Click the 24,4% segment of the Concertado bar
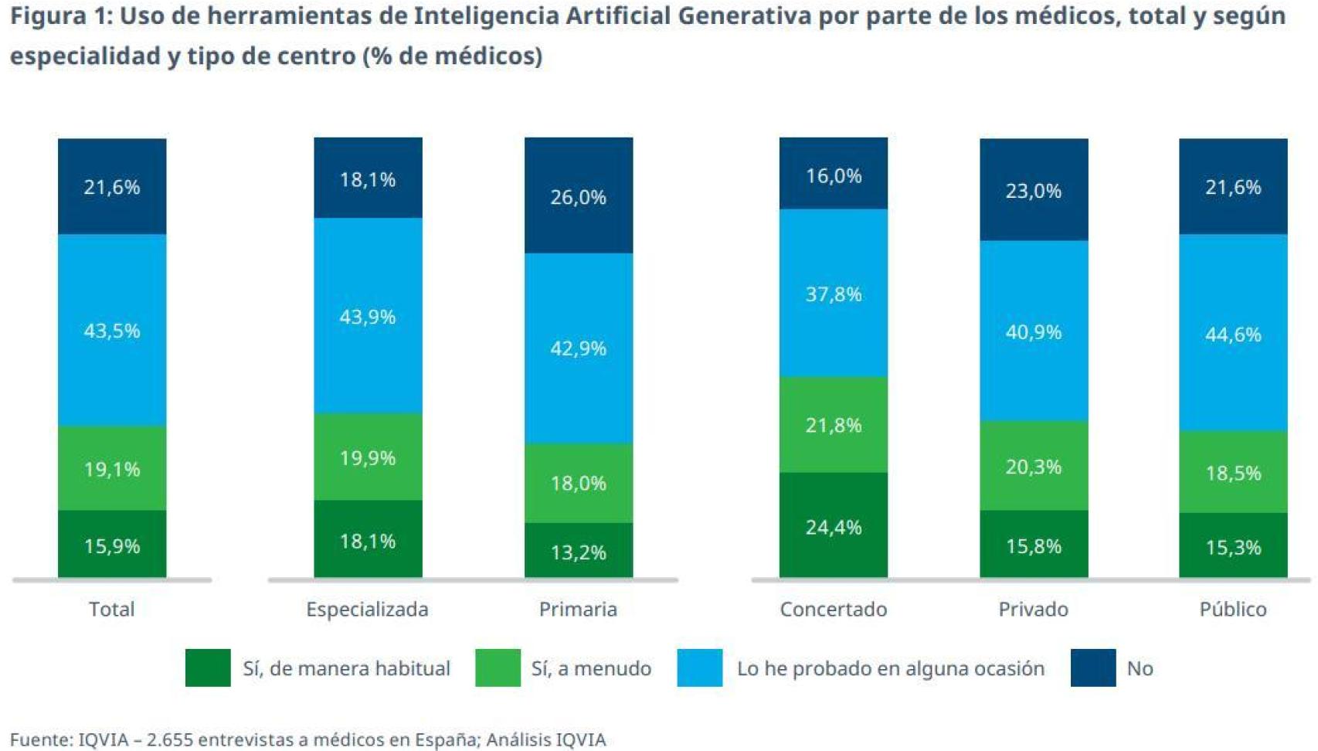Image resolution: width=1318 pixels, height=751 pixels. pyautogui.click(x=833, y=525)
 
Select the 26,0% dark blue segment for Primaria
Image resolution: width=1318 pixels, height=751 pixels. pyautogui.click(x=578, y=195)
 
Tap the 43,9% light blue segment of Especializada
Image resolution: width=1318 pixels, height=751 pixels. pyautogui.click(x=368, y=316)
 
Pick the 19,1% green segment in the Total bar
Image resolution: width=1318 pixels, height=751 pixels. pyautogui.click(x=112, y=468)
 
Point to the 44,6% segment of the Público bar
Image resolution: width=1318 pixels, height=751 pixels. pyautogui.click(x=1233, y=333)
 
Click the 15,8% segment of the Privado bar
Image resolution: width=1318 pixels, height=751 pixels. pyautogui.click(x=1034, y=545)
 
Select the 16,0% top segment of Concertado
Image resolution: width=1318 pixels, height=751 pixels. pyautogui.click(x=833, y=175)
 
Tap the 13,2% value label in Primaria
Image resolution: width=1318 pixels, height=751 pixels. pyautogui.click(x=578, y=552)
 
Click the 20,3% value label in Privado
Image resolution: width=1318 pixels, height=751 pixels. pyautogui.click(x=1034, y=467)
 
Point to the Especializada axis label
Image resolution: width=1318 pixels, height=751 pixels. pyautogui.click(x=367, y=609)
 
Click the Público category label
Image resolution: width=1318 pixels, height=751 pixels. pyautogui.click(x=1233, y=609)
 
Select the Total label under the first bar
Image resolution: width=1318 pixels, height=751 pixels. pyautogui.click(x=112, y=609)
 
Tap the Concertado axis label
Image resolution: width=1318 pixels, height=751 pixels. pyautogui.click(x=833, y=609)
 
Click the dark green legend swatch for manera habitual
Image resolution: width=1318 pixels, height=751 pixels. pyautogui.click(x=208, y=668)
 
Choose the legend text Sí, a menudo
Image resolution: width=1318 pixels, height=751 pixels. pyautogui.click(x=591, y=668)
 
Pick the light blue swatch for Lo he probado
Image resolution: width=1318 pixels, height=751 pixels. pyautogui.click(x=700, y=668)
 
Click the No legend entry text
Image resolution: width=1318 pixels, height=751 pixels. pyautogui.click(x=1140, y=668)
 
